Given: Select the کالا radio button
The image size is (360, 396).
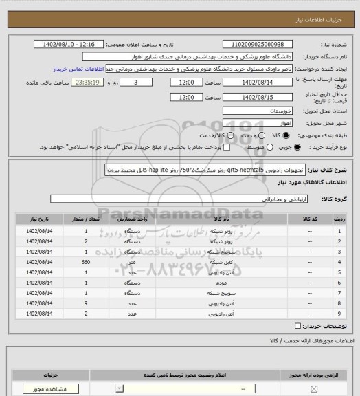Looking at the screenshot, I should (x=269, y=135).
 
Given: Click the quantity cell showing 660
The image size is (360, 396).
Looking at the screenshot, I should (x=86, y=263).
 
